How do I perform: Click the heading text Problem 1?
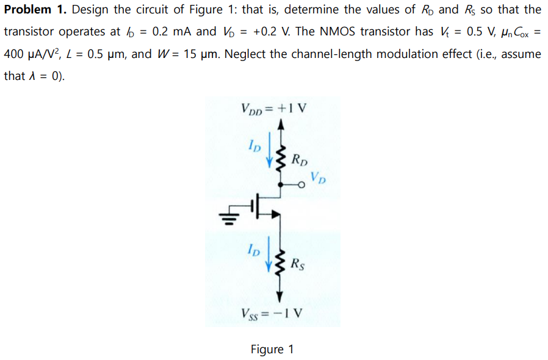tap(35, 10)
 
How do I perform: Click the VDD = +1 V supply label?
tap(274, 110)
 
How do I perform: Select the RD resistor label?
tap(299, 162)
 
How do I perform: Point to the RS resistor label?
tap(298, 264)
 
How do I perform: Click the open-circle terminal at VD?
tap(301, 185)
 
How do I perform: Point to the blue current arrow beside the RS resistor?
tap(270, 257)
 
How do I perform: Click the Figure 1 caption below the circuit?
tap(272, 349)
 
